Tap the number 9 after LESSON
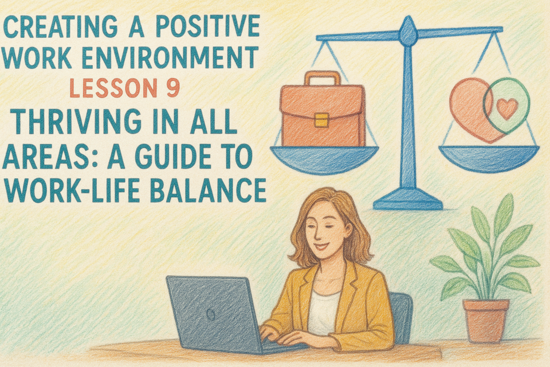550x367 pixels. pyautogui.click(x=173, y=88)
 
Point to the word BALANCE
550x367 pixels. pyautogui.click(x=210, y=190)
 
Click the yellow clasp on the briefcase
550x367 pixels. pyautogui.click(x=321, y=120)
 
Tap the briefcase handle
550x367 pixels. pyautogui.click(x=323, y=78)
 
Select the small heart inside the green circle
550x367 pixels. pyautogui.click(x=507, y=108)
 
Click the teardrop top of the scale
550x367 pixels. pyautogui.click(x=408, y=32)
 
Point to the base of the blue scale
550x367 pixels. pyautogui.click(x=408, y=201)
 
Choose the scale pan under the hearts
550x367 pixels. pyautogui.click(x=489, y=159)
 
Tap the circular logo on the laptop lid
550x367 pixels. pyautogui.click(x=211, y=315)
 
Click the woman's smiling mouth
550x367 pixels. pyautogui.click(x=321, y=246)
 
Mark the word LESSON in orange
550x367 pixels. pyautogui.click(x=113, y=88)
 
